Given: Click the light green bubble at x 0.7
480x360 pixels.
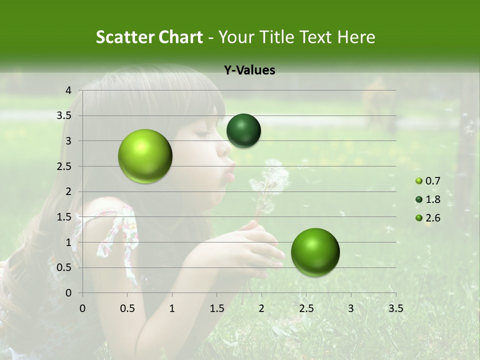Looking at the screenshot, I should click(x=145, y=156).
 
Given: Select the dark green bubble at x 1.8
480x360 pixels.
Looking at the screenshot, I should click(x=243, y=130).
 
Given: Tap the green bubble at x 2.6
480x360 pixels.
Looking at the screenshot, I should click(x=315, y=252).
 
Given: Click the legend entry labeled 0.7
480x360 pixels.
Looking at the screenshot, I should click(x=428, y=180).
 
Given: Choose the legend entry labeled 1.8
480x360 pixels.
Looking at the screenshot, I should click(x=428, y=199).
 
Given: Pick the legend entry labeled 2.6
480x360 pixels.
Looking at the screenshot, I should click(x=428, y=217).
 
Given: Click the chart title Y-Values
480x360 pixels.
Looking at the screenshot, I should click(x=249, y=70).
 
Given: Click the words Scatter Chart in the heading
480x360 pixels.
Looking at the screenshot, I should click(x=149, y=37).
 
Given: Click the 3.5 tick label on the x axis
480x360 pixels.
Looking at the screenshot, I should click(x=395, y=308).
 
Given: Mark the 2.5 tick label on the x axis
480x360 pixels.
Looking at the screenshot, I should click(x=306, y=308).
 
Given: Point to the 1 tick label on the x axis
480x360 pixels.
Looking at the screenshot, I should click(x=172, y=308).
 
